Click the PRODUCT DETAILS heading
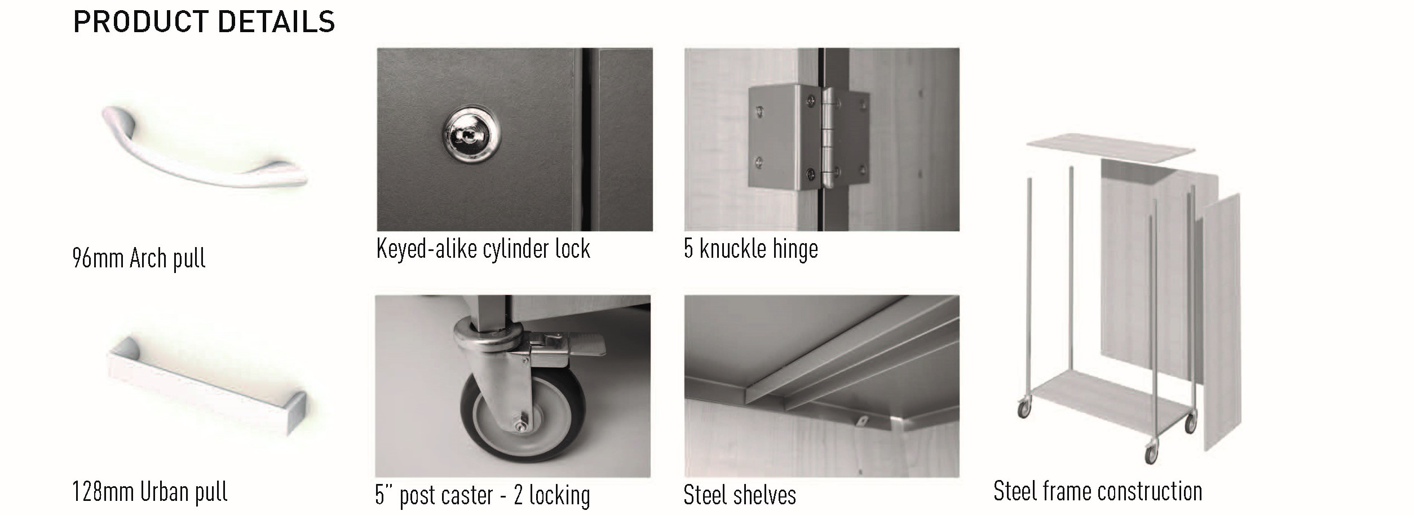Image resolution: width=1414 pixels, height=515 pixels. pos(204,23)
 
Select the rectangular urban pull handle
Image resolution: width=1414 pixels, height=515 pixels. pos(206,386)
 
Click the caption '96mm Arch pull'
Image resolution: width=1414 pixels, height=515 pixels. pos(139,258)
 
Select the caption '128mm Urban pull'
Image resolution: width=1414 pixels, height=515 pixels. pos(150,492)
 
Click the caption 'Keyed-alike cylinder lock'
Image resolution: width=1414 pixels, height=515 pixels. pos(483,249)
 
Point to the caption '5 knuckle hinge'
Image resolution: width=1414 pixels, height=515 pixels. pos(750,249)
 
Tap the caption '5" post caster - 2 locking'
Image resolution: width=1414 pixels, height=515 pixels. pos(483,495)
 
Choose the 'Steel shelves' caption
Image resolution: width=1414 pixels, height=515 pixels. pos(740,495)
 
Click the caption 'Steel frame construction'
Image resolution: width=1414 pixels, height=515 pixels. pos(1098,491)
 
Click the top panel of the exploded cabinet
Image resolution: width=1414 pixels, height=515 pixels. pos(1110,148)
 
